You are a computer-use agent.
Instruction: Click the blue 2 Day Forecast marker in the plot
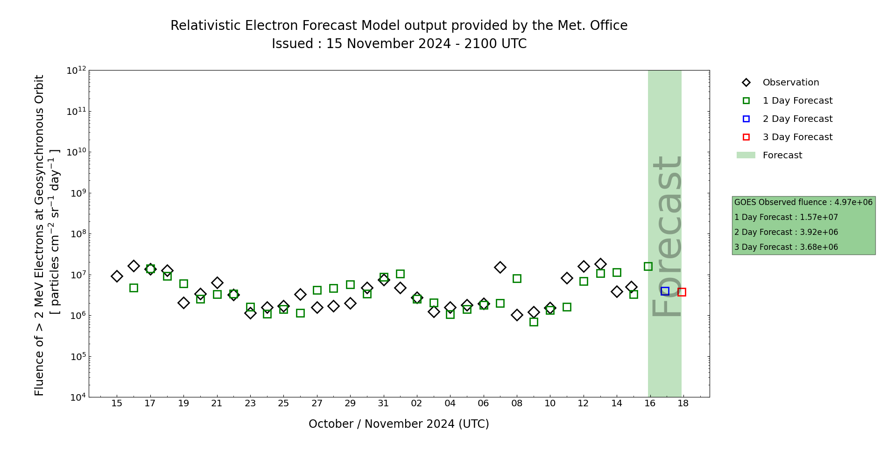[665, 291]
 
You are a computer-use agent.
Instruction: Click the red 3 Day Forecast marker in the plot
[682, 292]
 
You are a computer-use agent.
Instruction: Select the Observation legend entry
[790, 83]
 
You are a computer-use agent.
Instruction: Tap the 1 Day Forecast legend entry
[797, 101]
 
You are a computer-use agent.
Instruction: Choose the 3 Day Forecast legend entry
[797, 137]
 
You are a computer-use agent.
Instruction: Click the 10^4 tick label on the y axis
[77, 397]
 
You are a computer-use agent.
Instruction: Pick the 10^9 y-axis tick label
[77, 193]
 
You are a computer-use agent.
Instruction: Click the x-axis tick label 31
[383, 403]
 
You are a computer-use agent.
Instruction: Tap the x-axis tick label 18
[683, 403]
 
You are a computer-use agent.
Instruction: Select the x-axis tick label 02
[416, 403]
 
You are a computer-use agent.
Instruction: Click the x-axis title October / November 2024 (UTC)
[399, 424]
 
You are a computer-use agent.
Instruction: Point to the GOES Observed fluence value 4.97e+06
[853, 202]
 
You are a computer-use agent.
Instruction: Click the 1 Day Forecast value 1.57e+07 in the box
[819, 217]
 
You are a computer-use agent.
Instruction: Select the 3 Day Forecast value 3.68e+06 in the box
[819, 247]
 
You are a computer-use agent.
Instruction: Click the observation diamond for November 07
[500, 267]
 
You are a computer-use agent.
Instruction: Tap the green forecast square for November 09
[534, 322]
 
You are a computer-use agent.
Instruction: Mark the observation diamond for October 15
[117, 276]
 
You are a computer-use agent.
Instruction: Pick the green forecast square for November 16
[648, 266]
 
